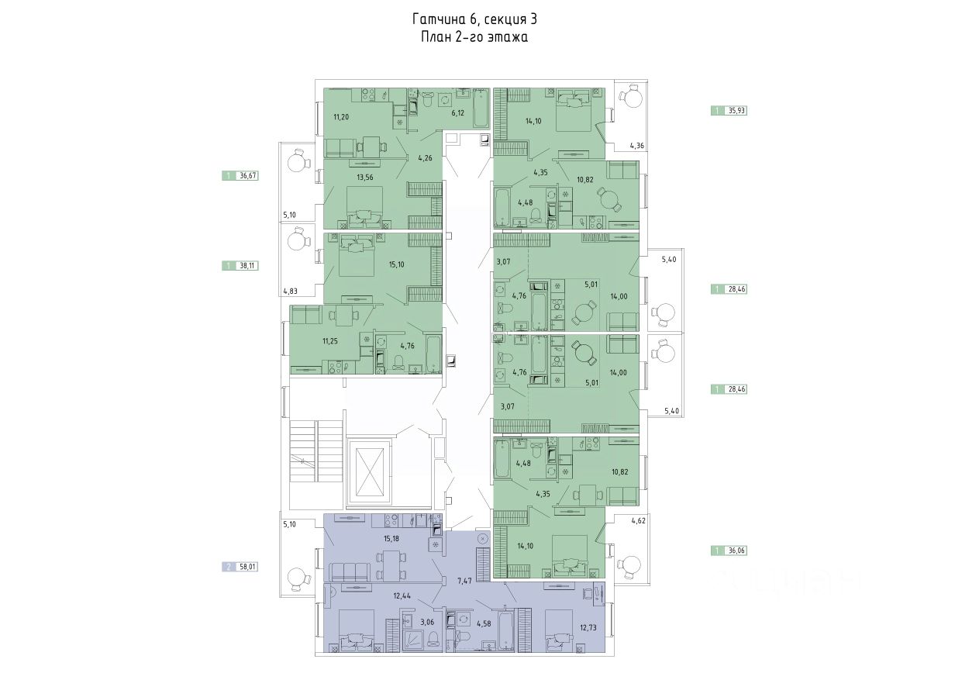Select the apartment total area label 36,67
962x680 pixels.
(x=247, y=176)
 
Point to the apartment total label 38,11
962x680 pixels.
(x=247, y=265)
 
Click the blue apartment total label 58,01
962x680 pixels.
(x=247, y=567)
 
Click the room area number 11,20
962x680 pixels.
(x=341, y=117)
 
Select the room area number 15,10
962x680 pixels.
(x=395, y=263)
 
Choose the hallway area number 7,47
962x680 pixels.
(x=464, y=580)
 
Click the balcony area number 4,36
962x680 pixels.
(x=636, y=145)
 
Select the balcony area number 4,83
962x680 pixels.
(x=290, y=292)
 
